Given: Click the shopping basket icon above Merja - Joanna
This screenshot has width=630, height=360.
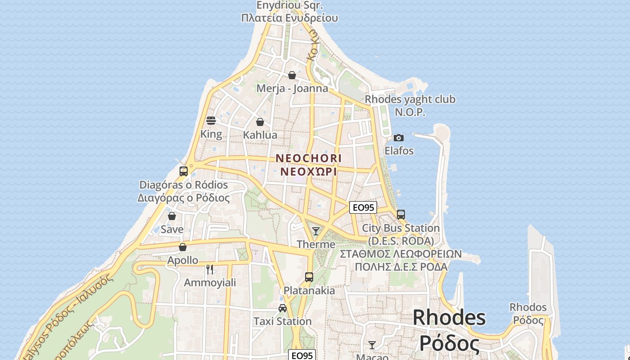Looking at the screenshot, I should tap(292, 75).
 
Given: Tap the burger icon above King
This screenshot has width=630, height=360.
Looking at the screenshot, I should tap(211, 121).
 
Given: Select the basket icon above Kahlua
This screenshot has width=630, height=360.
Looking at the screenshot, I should tap(260, 122).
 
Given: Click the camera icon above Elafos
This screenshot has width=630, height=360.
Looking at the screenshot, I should tap(398, 138).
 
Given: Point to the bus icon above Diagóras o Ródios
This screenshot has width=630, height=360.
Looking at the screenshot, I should tap(183, 171).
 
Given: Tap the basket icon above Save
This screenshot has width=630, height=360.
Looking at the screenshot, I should tap(172, 216).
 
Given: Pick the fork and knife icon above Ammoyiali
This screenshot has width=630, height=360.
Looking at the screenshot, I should tap(210, 270).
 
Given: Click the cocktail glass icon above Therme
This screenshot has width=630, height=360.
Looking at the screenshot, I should tap(316, 231).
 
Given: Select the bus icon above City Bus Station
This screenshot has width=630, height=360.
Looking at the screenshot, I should tap(401, 215).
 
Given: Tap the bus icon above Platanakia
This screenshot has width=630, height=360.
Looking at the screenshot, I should tap(309, 277).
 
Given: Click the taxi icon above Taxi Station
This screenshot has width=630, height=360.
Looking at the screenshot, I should tap(283, 308).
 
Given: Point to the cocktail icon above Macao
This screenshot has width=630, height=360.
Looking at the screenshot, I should tap(372, 345).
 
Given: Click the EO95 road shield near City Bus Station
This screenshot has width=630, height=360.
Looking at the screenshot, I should tap(363, 207).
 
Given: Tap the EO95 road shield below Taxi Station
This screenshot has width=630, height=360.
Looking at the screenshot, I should tap(302, 355).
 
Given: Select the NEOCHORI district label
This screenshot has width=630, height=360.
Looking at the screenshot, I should tap(309, 158).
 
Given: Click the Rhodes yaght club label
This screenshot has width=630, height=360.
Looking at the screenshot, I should tap(410, 99).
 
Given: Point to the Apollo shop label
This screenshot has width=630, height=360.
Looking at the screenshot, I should tap(183, 260).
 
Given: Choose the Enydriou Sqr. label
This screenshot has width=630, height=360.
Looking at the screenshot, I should tap(290, 6).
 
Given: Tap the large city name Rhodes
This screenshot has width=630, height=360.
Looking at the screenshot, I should tap(449, 318).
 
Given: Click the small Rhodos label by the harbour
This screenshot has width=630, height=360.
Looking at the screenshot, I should tap(528, 308).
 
